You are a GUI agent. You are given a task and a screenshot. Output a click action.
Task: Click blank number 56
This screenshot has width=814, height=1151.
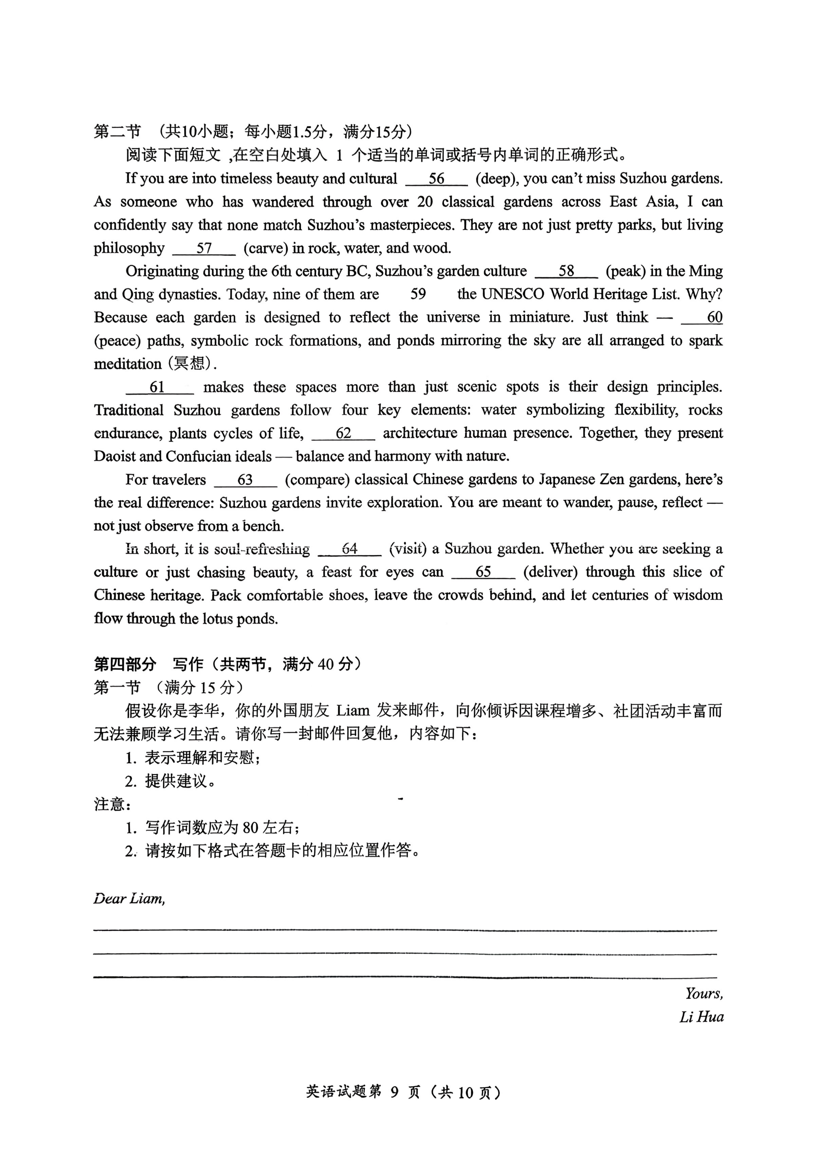tap(436, 179)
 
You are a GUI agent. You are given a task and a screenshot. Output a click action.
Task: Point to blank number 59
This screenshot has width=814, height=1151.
tap(418, 294)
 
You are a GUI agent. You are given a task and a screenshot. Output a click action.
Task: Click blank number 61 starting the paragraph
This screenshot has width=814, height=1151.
tap(157, 387)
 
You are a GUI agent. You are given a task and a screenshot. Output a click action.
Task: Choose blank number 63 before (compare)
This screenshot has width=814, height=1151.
tap(245, 480)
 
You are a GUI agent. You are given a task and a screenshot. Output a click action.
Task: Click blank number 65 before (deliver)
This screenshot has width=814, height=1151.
tap(483, 572)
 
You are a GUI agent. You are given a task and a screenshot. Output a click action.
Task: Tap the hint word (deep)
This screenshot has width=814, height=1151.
tap(496, 179)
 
